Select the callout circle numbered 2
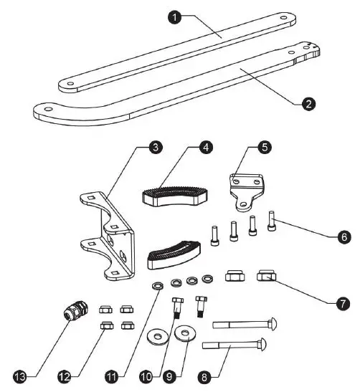tap(308, 103)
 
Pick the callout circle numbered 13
tap(22, 373)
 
